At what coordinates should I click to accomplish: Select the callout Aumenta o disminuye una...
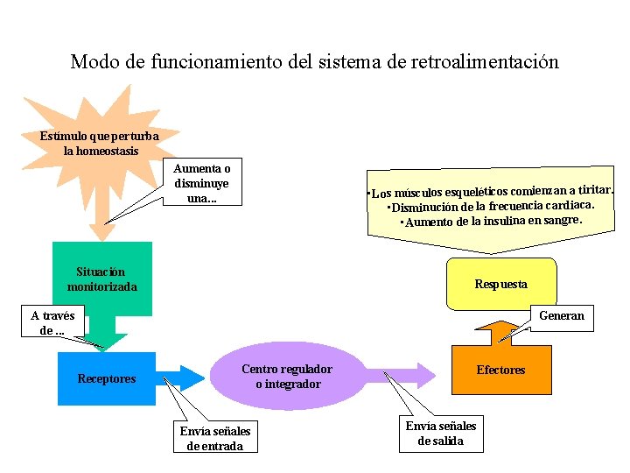pos(202,183)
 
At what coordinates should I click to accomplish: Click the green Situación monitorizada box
pos(101,279)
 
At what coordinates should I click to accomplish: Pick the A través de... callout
pos(52,323)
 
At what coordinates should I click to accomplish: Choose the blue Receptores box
pos(106,378)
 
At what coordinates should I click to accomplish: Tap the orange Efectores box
pos(500,370)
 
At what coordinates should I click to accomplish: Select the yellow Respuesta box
pos(500,284)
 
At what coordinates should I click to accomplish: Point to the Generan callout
pos(561,315)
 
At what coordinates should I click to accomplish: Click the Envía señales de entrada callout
pos(214,437)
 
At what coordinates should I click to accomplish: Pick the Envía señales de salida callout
pos(440,433)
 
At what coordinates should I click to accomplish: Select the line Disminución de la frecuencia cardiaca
pos(491,207)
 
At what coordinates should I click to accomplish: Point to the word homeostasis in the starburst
pos(101,151)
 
